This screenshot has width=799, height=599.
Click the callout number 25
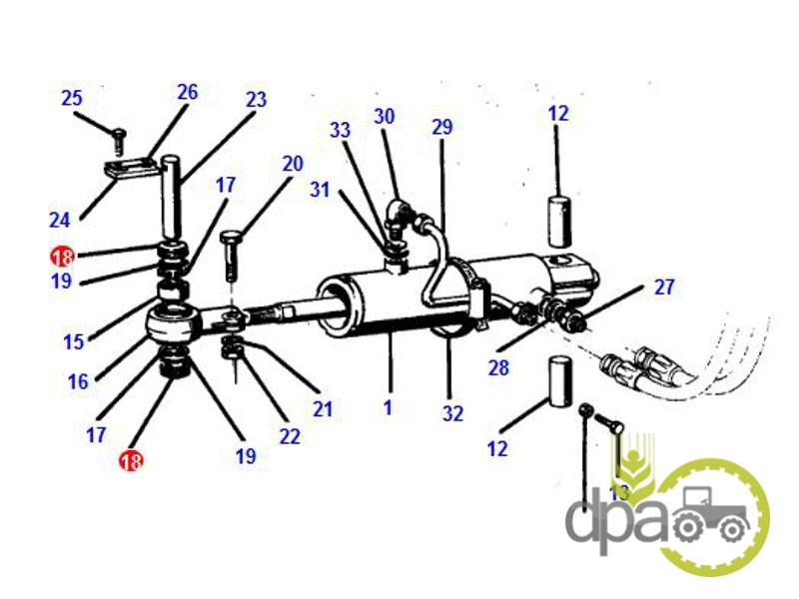click(x=71, y=98)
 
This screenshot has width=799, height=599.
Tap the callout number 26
click(x=187, y=92)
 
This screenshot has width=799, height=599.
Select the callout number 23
click(x=256, y=99)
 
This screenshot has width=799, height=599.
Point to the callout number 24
click(x=60, y=220)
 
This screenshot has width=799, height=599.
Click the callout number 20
click(x=293, y=164)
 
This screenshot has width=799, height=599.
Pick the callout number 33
click(x=340, y=130)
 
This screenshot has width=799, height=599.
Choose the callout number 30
click(x=385, y=116)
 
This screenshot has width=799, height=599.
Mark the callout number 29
click(x=441, y=127)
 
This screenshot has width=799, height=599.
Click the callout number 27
click(x=664, y=288)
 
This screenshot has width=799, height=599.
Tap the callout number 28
click(x=498, y=367)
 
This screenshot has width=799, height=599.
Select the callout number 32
click(x=452, y=413)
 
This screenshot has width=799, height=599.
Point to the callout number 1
click(x=388, y=407)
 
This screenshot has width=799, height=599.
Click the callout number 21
click(x=322, y=409)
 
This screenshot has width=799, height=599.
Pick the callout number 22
click(x=290, y=436)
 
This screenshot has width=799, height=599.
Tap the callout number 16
click(x=78, y=381)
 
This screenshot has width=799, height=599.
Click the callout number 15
click(x=73, y=341)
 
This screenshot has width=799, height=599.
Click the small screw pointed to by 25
click(x=119, y=141)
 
